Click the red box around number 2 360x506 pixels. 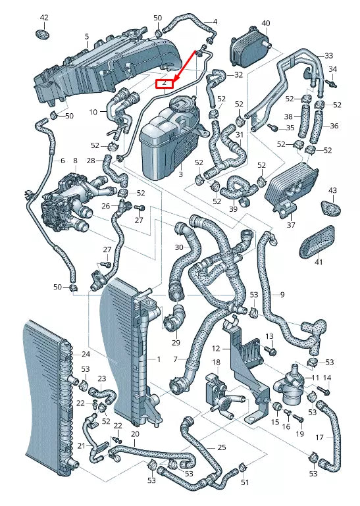(x=163, y=83)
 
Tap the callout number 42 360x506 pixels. (x=44, y=16)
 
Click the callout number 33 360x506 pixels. (x=328, y=55)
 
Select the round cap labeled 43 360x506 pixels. (x=332, y=207)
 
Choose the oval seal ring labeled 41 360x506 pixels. (x=321, y=243)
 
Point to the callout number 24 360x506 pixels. (x=86, y=355)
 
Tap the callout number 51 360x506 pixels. (x=245, y=482)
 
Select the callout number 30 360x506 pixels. (x=179, y=247)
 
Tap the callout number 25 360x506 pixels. (x=222, y=447)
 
